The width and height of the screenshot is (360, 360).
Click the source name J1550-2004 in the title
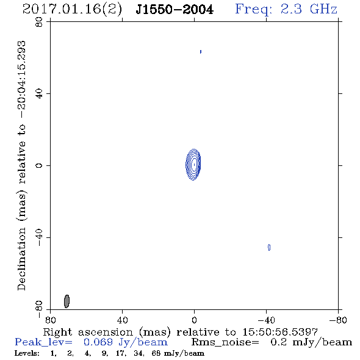click(175, 9)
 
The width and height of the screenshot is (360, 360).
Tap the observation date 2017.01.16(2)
click(72, 9)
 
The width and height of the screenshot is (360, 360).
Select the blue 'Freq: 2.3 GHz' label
click(286, 9)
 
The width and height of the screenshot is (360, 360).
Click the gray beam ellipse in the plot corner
click(67, 301)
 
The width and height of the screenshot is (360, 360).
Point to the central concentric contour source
click(193, 164)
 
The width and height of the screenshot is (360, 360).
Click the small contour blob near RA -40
click(269, 247)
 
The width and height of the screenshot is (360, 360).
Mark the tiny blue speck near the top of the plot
click(201, 52)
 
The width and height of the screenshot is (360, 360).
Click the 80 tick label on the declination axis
click(39, 22)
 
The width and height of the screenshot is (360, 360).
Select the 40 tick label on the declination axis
click(39, 94)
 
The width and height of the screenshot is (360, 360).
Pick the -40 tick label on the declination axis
click(39, 237)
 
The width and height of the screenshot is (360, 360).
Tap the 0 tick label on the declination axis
click(39, 165)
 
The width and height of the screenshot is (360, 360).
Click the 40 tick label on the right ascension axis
click(123, 320)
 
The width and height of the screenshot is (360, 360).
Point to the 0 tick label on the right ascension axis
click(194, 320)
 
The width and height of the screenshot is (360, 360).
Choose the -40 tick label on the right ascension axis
click(266, 320)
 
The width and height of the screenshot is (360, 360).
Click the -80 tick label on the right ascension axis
click(338, 320)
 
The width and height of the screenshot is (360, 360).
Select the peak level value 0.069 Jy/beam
click(126, 342)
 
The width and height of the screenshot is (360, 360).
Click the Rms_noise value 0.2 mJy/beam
click(311, 342)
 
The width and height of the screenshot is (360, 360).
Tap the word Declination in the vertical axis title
click(21, 259)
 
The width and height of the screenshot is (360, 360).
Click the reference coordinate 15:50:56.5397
click(280, 332)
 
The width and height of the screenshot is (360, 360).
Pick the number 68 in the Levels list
click(156, 353)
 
